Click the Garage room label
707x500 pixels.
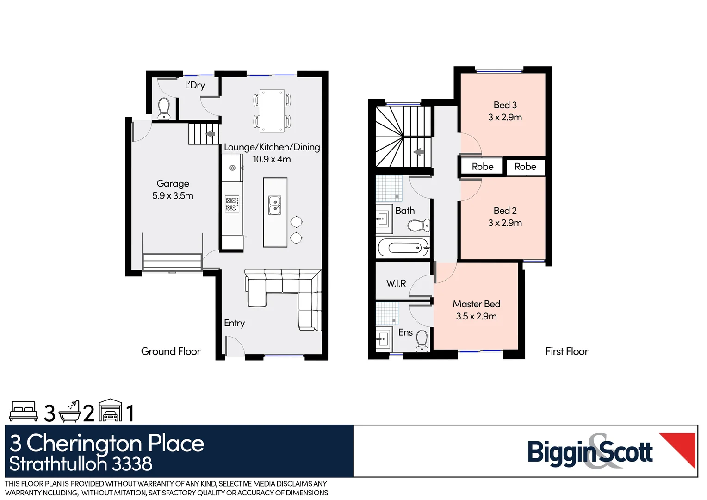pyautogui.click(x=173, y=184)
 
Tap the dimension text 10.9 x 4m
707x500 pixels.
pyautogui.click(x=272, y=159)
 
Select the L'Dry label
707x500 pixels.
pyautogui.click(x=195, y=85)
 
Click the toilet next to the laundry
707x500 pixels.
pyautogui.click(x=164, y=109)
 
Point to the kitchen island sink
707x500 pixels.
pyautogui.click(x=275, y=206)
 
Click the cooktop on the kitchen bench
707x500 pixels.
pyautogui.click(x=232, y=204)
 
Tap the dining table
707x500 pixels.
pyautogui.click(x=272, y=111)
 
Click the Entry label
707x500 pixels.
pyautogui.click(x=234, y=323)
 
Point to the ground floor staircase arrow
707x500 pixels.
pyautogui.click(x=211, y=134)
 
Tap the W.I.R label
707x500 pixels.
pyautogui.click(x=396, y=283)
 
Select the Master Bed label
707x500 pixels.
pyautogui.click(x=476, y=304)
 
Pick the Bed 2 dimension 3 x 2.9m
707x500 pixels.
pyautogui.click(x=505, y=223)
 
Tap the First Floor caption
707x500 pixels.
pyautogui.click(x=566, y=351)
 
